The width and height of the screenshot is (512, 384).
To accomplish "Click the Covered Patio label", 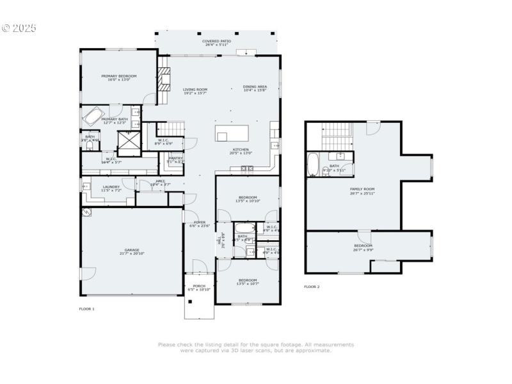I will pyautogui.click(x=218, y=40).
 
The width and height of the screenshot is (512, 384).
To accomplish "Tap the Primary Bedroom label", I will pyautogui.click(x=119, y=76).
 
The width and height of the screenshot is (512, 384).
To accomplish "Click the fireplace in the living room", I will pyautogui.click(x=164, y=80).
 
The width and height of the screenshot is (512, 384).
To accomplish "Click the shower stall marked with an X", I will pyautogui.click(x=128, y=140).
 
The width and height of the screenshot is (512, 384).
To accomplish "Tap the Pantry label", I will pyautogui.click(x=175, y=159).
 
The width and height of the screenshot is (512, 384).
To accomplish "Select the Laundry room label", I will pyautogui.click(x=112, y=186).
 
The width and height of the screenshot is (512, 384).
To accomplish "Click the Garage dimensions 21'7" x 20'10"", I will pyautogui.click(x=132, y=254).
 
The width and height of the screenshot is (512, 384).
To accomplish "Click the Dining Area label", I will pyautogui.click(x=255, y=86).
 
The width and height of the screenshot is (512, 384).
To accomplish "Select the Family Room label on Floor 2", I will pyautogui.click(x=362, y=188).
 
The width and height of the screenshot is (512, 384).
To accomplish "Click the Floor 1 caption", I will pyautogui.click(x=86, y=308).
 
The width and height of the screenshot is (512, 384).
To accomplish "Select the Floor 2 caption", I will pyautogui.click(x=312, y=287).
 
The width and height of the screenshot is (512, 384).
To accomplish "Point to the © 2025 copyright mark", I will pyautogui.click(x=19, y=28).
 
